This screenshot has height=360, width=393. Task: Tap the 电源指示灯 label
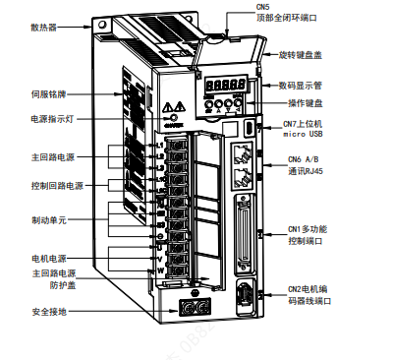point(54,119)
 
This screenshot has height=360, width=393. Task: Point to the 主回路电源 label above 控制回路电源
point(52,156)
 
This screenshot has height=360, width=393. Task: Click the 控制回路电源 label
point(56,185)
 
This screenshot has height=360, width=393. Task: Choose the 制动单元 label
point(49,220)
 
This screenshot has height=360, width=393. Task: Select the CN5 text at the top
point(262,7)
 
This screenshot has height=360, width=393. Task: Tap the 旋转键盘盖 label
point(306,52)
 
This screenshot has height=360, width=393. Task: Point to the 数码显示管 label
point(306,86)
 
